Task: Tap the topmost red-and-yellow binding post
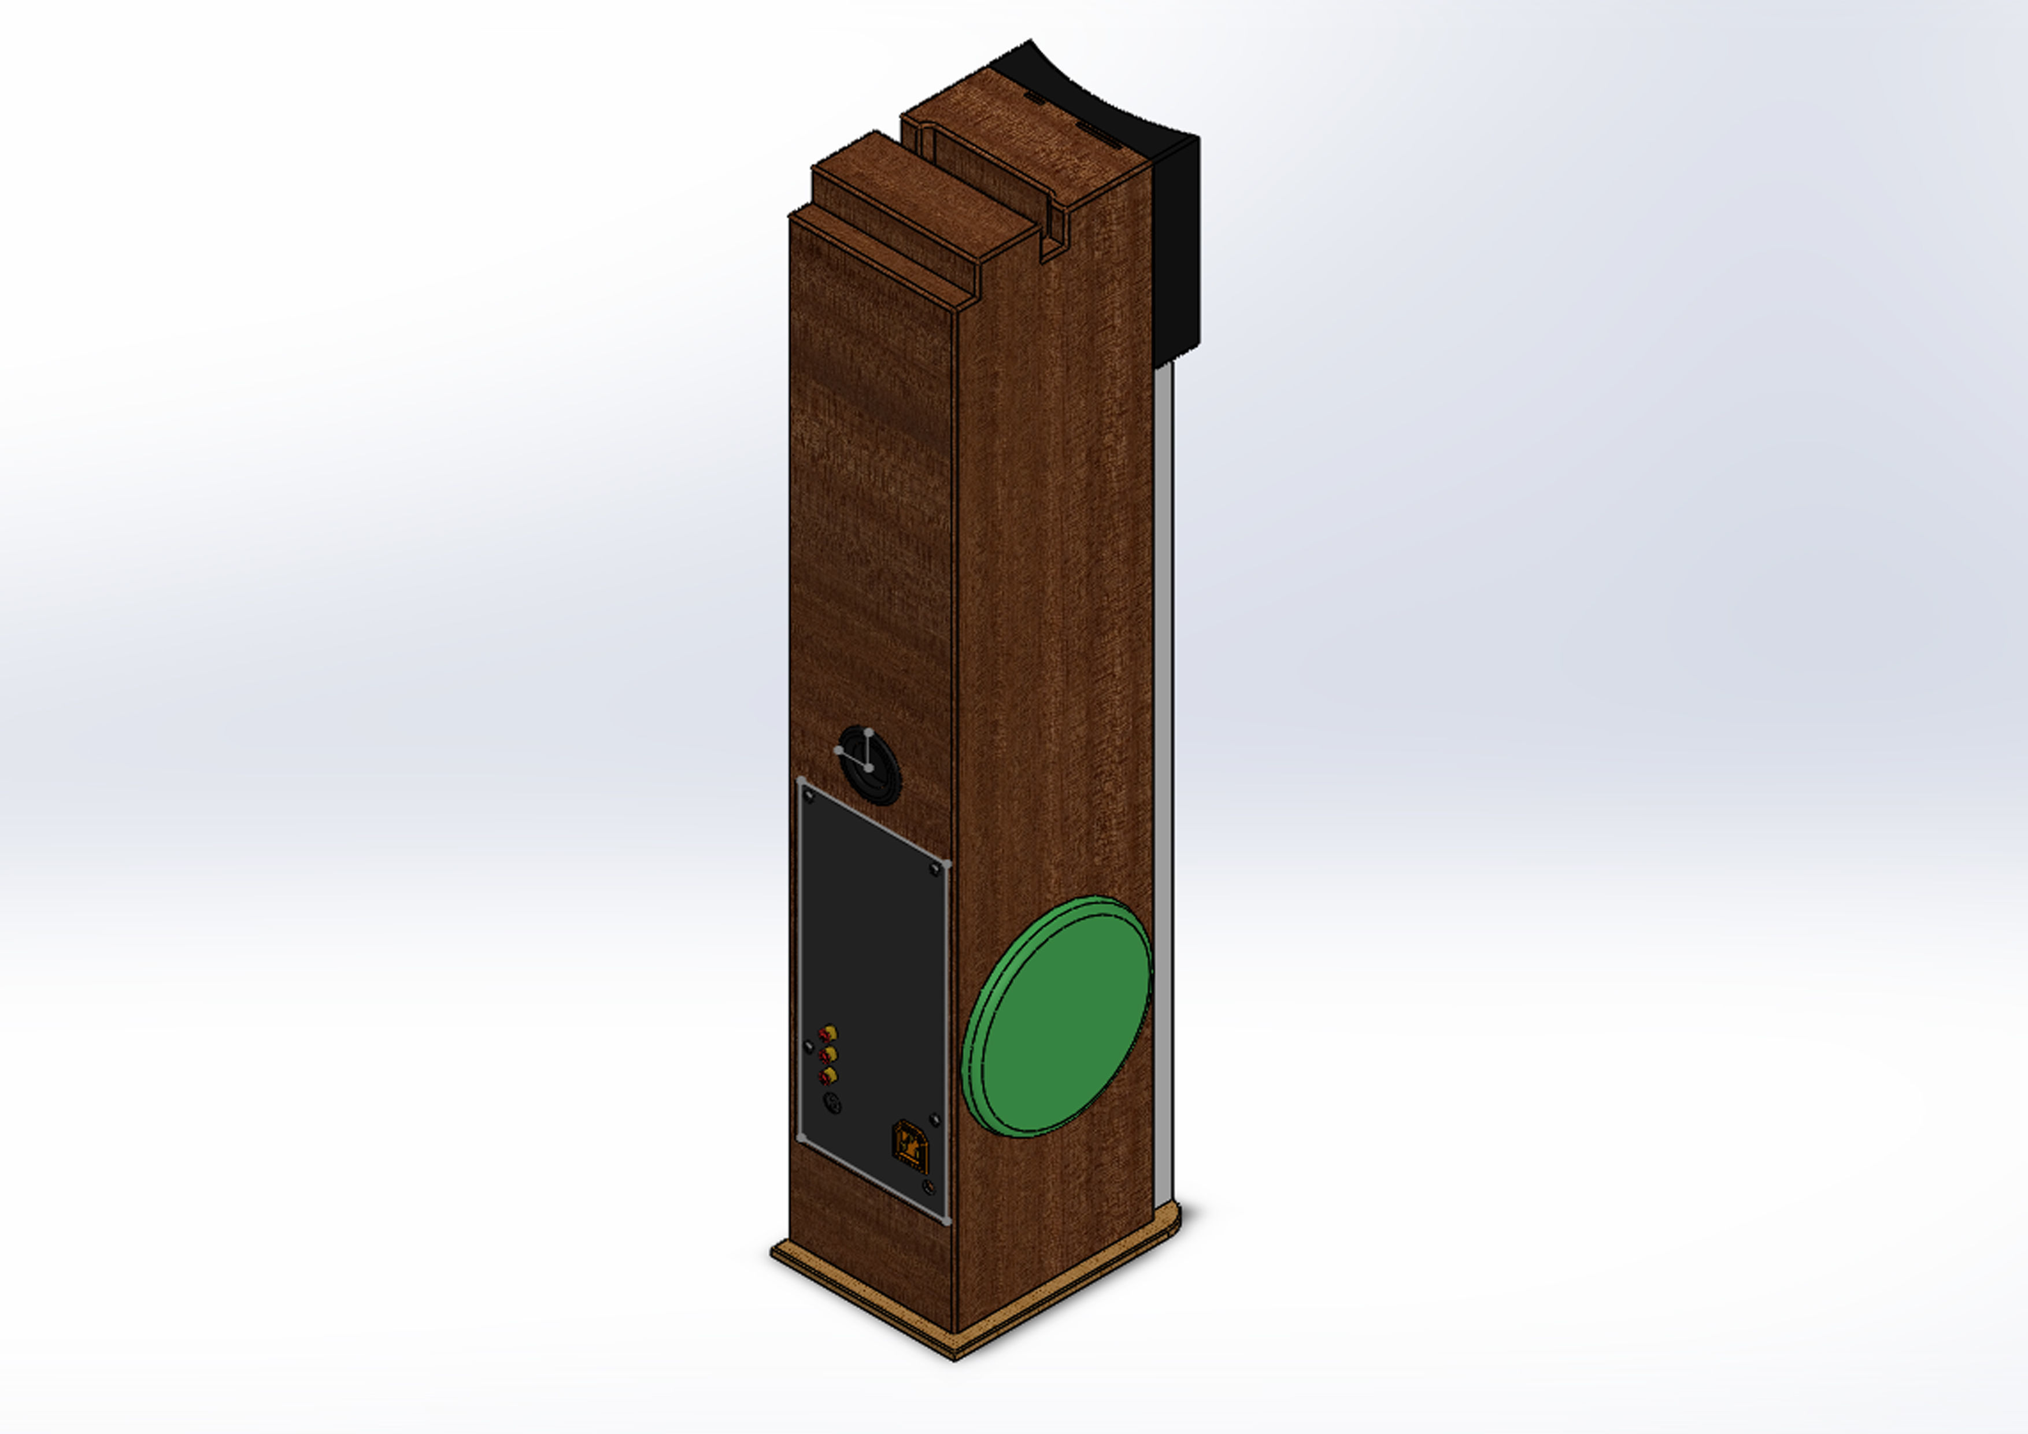(828, 1032)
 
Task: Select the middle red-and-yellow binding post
(828, 1054)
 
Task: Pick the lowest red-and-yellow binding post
(828, 1075)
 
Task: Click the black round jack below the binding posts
(831, 1103)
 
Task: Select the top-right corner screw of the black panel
(935, 870)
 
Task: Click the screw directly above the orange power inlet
(934, 1119)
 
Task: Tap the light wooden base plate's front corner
(954, 1357)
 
